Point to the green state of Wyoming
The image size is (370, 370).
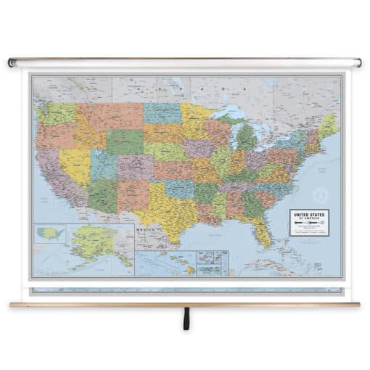pos(124,142)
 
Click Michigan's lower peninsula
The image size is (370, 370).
pos(247,137)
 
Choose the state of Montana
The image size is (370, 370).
pos(110,116)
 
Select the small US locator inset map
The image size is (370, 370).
pos(52,234)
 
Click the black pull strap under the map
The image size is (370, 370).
pos(186,318)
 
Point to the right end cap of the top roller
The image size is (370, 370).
pos(358,63)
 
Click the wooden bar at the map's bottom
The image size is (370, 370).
pos(185,304)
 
